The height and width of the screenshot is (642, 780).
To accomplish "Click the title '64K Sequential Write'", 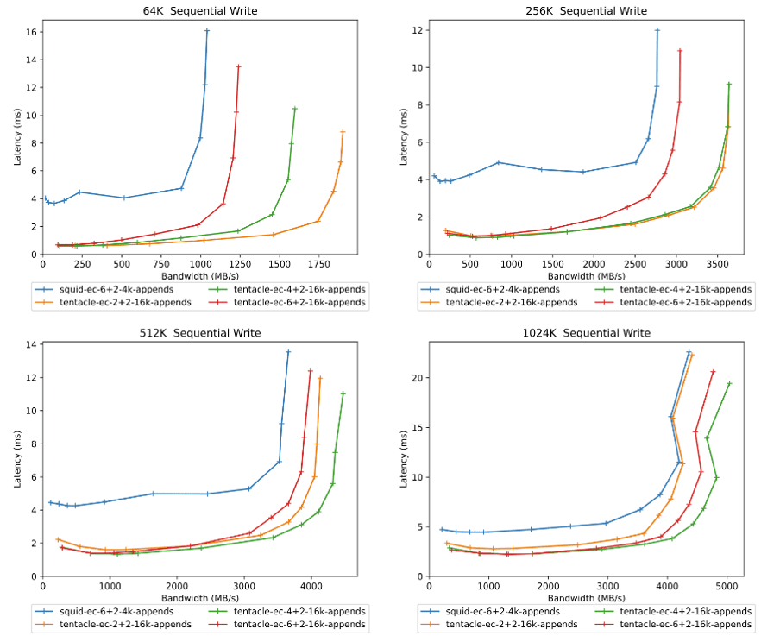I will pos(199,11).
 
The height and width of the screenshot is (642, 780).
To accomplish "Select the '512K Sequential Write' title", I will pos(199,333).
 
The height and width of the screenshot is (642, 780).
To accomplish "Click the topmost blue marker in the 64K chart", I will pos(207,31).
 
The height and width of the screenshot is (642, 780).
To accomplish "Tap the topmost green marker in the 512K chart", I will pos(343,393).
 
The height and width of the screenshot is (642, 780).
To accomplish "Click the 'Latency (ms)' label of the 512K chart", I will pos(16,458).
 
